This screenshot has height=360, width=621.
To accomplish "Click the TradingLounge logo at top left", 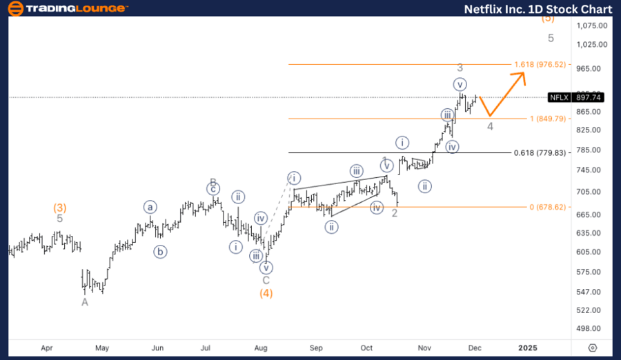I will tap(67, 8).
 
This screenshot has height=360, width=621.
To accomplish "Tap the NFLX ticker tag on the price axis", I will tap(558, 98).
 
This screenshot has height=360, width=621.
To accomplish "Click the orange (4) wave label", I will tap(266, 293).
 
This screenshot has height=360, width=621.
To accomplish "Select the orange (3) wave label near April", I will tap(60, 207).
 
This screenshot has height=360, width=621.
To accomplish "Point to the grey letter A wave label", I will tap(85, 302).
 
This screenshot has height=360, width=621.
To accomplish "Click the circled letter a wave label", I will tap(150, 207).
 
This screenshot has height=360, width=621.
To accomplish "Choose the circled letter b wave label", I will tap(160, 252).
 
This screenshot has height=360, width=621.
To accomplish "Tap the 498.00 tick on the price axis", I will tap(593, 329).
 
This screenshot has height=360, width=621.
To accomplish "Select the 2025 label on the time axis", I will tap(527, 348).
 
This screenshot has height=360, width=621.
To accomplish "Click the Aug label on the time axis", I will tap(261, 348).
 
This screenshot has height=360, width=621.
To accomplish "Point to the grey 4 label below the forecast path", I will tap(490, 126).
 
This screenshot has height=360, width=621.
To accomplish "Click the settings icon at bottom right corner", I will tap(592, 348).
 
